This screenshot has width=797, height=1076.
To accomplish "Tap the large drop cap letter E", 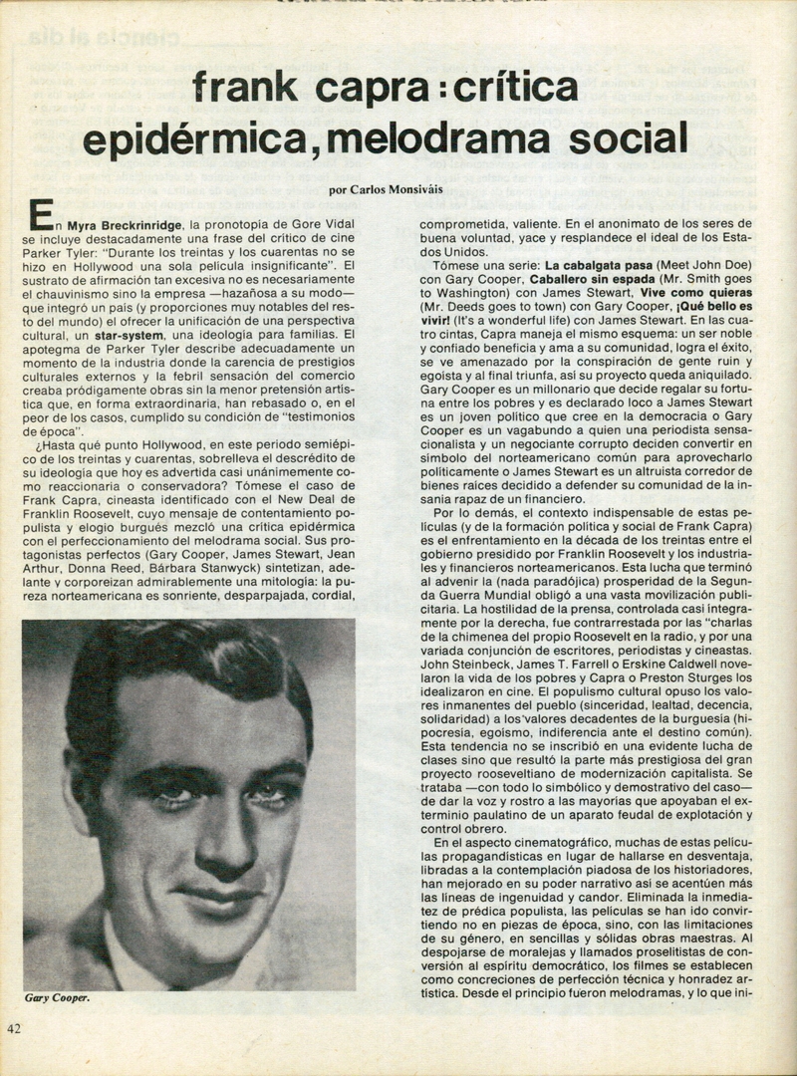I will click(38, 216).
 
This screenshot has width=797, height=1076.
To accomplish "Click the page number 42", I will click(15, 1029).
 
